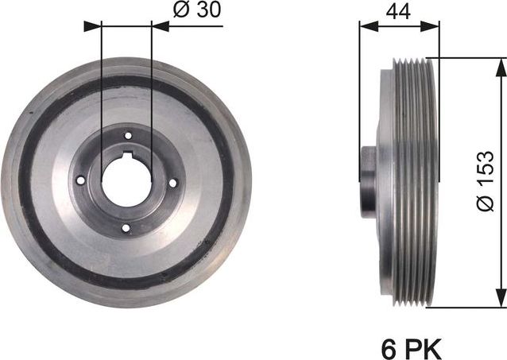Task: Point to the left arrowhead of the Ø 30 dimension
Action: coord(94,25)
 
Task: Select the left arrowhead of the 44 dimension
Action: coord(366,25)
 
